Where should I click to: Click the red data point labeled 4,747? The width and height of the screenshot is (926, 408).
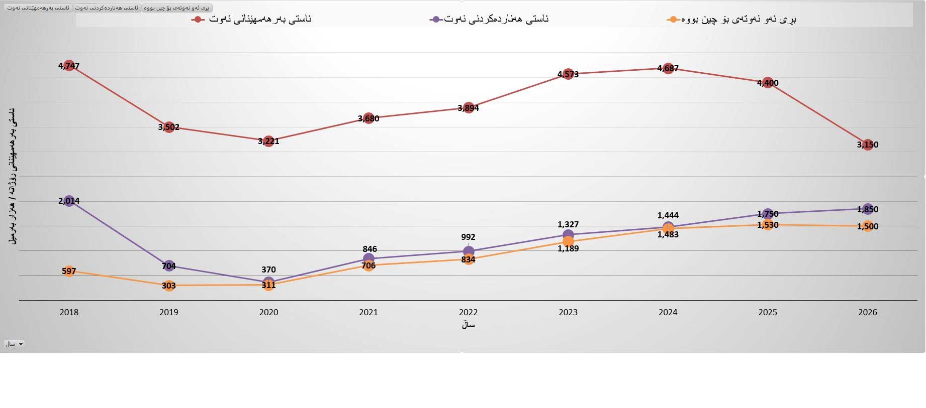point(69,66)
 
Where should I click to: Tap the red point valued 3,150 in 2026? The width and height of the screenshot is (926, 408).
point(868,145)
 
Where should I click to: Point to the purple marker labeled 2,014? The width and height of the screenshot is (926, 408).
point(69,201)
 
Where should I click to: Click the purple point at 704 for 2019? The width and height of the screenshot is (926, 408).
point(169,266)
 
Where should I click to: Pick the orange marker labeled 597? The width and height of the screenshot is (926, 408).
point(69,271)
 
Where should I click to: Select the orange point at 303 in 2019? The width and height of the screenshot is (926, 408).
point(169,286)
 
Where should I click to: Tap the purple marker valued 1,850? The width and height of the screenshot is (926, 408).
point(868,209)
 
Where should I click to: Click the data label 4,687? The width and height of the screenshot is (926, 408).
point(668,68)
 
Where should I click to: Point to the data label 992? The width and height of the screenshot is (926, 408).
point(468,237)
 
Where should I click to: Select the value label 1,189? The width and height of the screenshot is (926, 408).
point(568,249)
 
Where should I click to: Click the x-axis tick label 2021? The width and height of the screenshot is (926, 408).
point(368,312)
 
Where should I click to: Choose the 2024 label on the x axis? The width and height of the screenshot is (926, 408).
point(668,312)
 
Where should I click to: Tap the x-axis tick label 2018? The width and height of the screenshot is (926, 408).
point(69,312)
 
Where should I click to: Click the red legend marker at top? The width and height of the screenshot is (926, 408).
point(198,20)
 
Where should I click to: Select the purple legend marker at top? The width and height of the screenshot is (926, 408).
point(435,20)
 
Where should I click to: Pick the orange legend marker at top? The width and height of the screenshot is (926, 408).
point(672,20)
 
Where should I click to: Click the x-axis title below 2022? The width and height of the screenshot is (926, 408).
point(468,325)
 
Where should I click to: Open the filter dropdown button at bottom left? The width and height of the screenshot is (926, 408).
point(15,344)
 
